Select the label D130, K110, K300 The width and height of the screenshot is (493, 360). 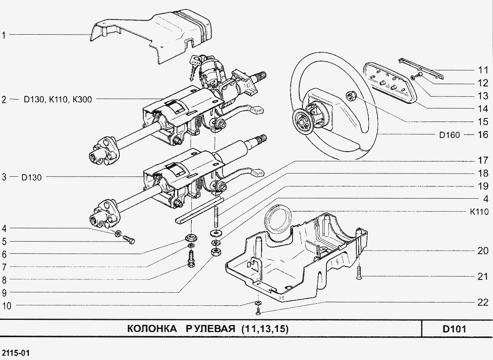57,100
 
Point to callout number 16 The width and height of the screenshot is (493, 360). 482,135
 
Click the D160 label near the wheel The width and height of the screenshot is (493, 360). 449,135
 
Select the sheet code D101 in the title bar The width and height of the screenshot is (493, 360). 454,329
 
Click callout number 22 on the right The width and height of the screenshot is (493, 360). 482,302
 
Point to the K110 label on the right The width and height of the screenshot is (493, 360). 479,212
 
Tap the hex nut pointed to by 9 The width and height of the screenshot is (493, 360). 215,252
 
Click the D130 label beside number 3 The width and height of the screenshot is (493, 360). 32,177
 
